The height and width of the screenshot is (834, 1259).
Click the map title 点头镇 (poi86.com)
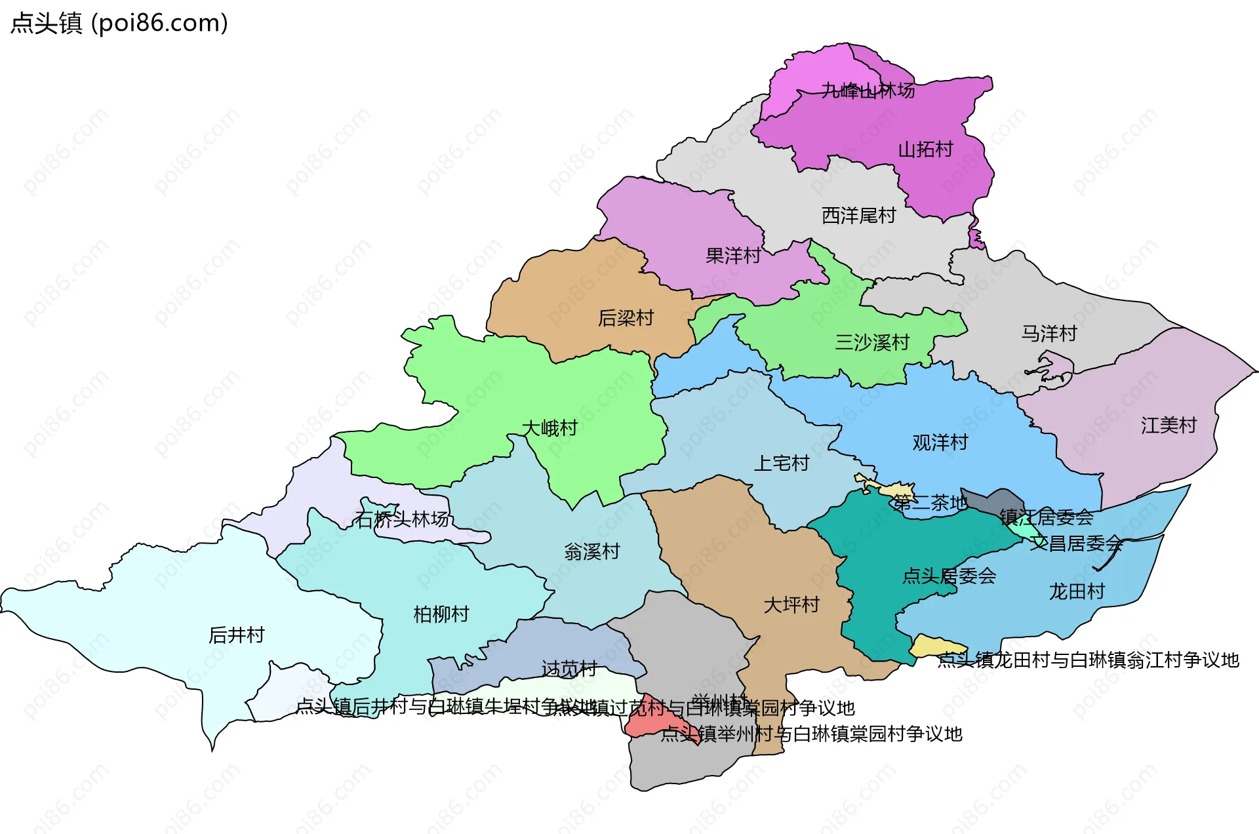click(x=119, y=23)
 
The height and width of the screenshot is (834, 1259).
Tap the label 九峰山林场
click(x=868, y=90)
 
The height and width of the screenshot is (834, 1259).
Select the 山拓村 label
click(x=925, y=149)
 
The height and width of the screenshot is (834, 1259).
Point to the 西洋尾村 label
click(x=858, y=215)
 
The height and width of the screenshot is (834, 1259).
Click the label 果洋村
click(x=733, y=256)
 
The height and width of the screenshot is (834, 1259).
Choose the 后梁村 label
click(x=626, y=318)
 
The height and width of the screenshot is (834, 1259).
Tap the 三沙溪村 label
click(x=872, y=342)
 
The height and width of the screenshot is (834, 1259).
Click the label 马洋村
click(x=1049, y=334)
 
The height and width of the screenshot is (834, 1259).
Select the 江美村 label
click(x=1169, y=426)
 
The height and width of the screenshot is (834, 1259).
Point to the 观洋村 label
click(x=940, y=443)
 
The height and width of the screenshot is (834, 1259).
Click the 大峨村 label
click(x=549, y=428)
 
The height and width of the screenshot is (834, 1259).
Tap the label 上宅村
click(x=781, y=464)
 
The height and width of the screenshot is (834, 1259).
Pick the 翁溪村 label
click(x=591, y=551)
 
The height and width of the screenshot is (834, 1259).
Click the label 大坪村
click(x=791, y=605)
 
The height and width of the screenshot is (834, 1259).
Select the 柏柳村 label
click(x=441, y=614)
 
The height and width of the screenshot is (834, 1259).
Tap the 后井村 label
click(x=236, y=635)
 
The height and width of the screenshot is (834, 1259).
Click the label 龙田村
click(x=1077, y=591)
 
